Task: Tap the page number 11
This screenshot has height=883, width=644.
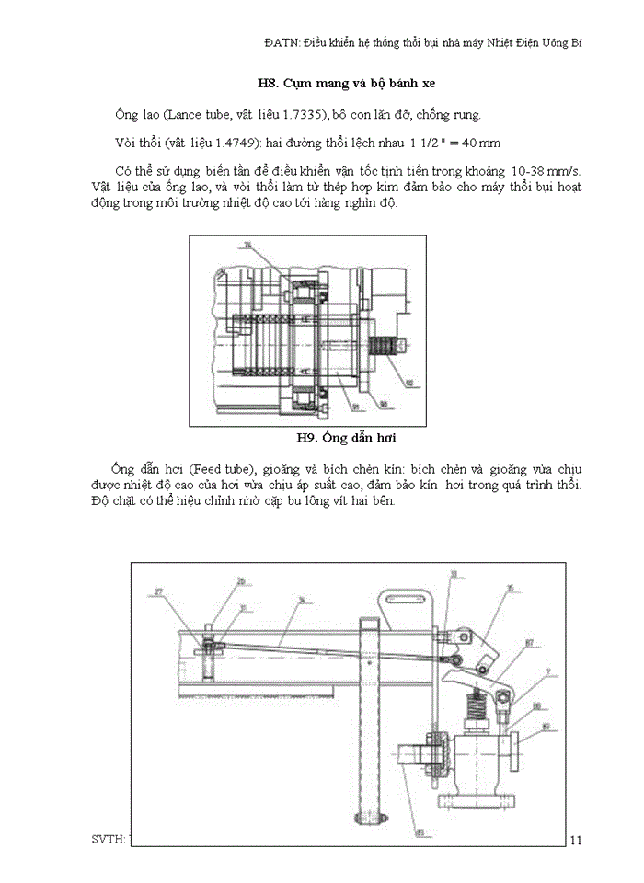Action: pyautogui.click(x=577, y=839)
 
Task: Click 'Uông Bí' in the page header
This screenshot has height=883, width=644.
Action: pyautogui.click(x=558, y=42)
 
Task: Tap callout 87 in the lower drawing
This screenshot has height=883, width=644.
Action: pyautogui.click(x=530, y=642)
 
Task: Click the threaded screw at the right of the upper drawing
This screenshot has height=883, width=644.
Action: pyautogui.click(x=384, y=350)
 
